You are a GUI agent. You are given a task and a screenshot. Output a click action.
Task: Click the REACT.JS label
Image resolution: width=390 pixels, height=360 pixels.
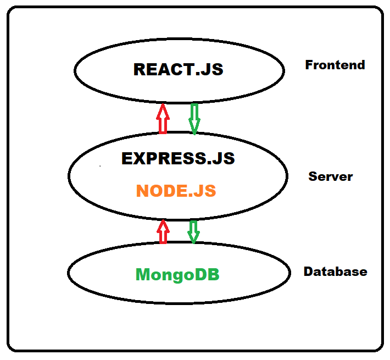coord(179,70)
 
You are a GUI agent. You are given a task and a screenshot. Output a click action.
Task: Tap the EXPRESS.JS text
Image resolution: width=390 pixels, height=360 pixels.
coord(178,158)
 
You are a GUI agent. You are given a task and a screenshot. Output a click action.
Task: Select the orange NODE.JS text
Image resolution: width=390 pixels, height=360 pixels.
coord(176,191)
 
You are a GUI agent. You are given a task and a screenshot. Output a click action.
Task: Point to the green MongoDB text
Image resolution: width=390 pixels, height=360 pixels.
coord(177,274)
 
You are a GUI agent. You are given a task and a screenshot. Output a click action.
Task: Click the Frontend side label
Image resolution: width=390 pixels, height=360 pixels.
coord(335,65)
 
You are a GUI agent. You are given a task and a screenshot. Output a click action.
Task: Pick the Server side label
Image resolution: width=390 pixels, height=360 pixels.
coord(331,176)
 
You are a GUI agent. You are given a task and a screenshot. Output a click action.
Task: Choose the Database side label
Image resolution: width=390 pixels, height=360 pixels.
coord(335,272)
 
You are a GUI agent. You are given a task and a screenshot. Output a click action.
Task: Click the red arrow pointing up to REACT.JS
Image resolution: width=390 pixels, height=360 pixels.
coord(162,118)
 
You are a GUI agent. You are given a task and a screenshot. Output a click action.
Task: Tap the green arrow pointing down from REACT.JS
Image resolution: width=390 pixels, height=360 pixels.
coord(194,118)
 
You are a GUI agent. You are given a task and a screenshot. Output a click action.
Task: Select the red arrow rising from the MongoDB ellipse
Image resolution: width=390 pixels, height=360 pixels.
coord(163,231)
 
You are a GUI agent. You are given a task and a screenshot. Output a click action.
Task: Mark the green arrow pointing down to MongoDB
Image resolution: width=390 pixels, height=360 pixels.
coord(193,231)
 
